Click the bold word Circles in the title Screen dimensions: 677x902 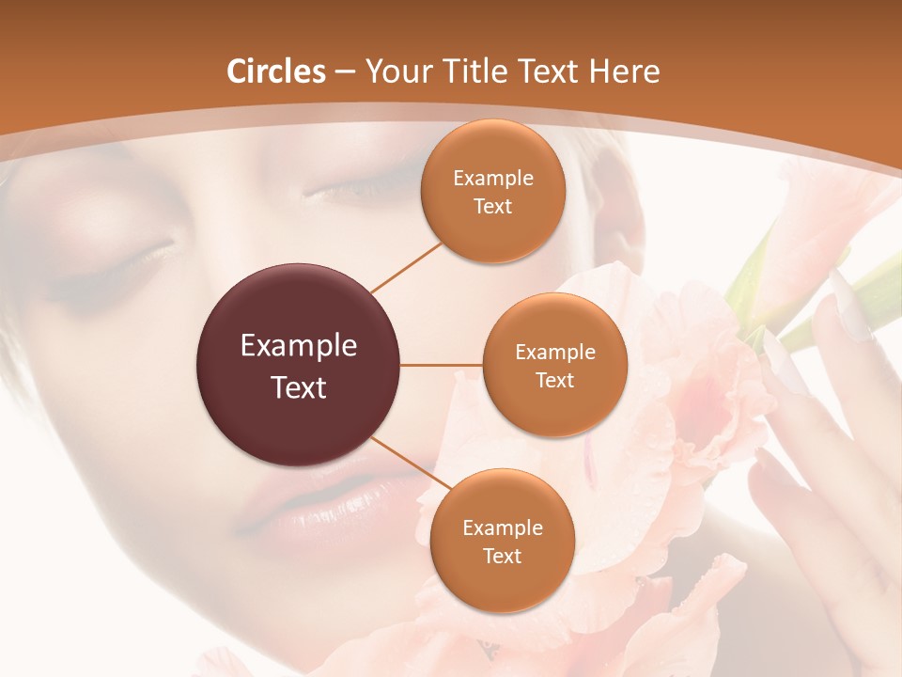click(276, 71)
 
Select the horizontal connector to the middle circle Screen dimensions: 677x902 click(442, 365)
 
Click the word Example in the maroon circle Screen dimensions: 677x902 click(299, 346)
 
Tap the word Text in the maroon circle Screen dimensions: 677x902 click(299, 387)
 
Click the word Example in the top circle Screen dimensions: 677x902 click(493, 179)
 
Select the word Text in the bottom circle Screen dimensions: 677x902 click(502, 557)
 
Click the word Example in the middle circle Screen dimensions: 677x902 click(555, 353)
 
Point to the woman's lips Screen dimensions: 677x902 click(310, 508)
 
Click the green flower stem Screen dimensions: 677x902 click(752, 273)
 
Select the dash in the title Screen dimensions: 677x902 click(345, 72)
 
